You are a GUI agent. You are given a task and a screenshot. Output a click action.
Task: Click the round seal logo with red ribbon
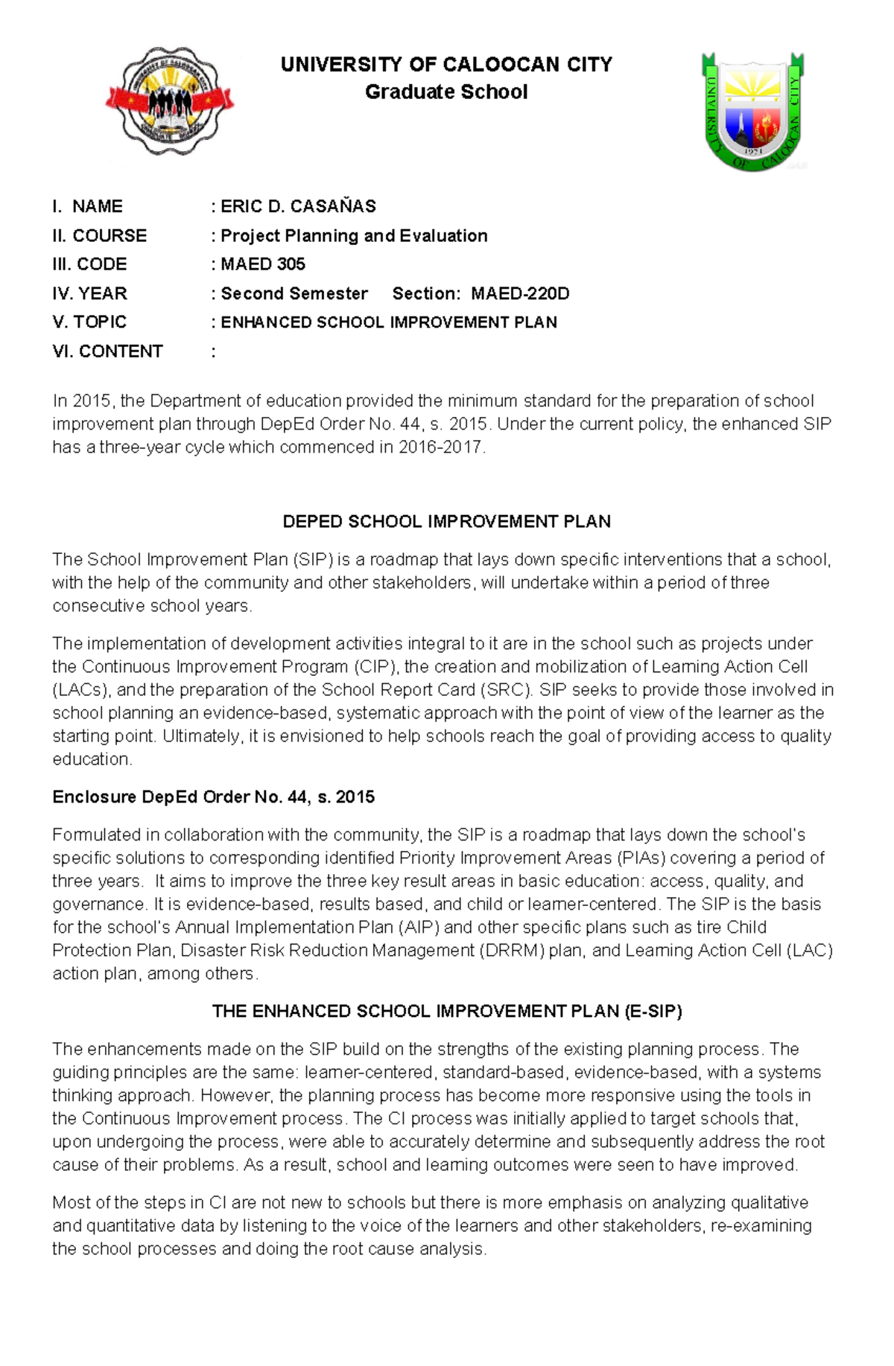pyautogui.click(x=170, y=101)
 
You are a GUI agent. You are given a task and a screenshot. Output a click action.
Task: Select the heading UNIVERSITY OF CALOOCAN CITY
pyautogui.click(x=446, y=65)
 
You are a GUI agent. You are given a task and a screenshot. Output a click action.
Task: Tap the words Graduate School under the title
pyautogui.click(x=446, y=92)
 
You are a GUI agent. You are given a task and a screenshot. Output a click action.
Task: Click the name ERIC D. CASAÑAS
pyautogui.click(x=298, y=206)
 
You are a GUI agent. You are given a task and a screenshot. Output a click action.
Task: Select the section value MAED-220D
pyautogui.click(x=520, y=293)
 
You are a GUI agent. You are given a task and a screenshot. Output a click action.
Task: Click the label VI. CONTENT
pyautogui.click(x=107, y=351)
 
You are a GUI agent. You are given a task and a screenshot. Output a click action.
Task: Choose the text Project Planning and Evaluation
pyautogui.click(x=354, y=235)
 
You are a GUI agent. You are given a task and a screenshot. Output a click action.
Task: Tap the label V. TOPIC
pyautogui.click(x=89, y=322)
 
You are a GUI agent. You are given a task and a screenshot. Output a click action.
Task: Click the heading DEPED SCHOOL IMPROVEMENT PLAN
pyautogui.click(x=446, y=521)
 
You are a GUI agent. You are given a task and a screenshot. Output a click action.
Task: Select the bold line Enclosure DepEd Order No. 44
pyautogui.click(x=213, y=797)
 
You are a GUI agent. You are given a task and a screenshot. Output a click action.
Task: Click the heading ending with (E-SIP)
pyautogui.click(x=446, y=1011)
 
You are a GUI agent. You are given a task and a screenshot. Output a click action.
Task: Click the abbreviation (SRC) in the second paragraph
pyautogui.click(x=506, y=689)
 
